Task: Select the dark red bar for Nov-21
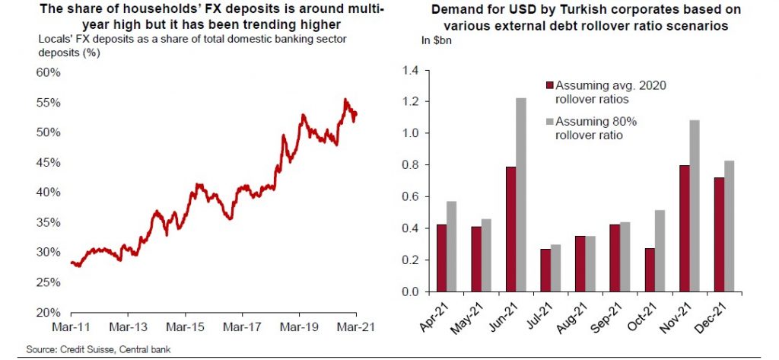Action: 685,228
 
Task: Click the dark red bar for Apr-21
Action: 442,258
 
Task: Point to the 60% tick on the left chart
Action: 49,72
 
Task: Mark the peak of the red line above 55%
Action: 345,99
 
